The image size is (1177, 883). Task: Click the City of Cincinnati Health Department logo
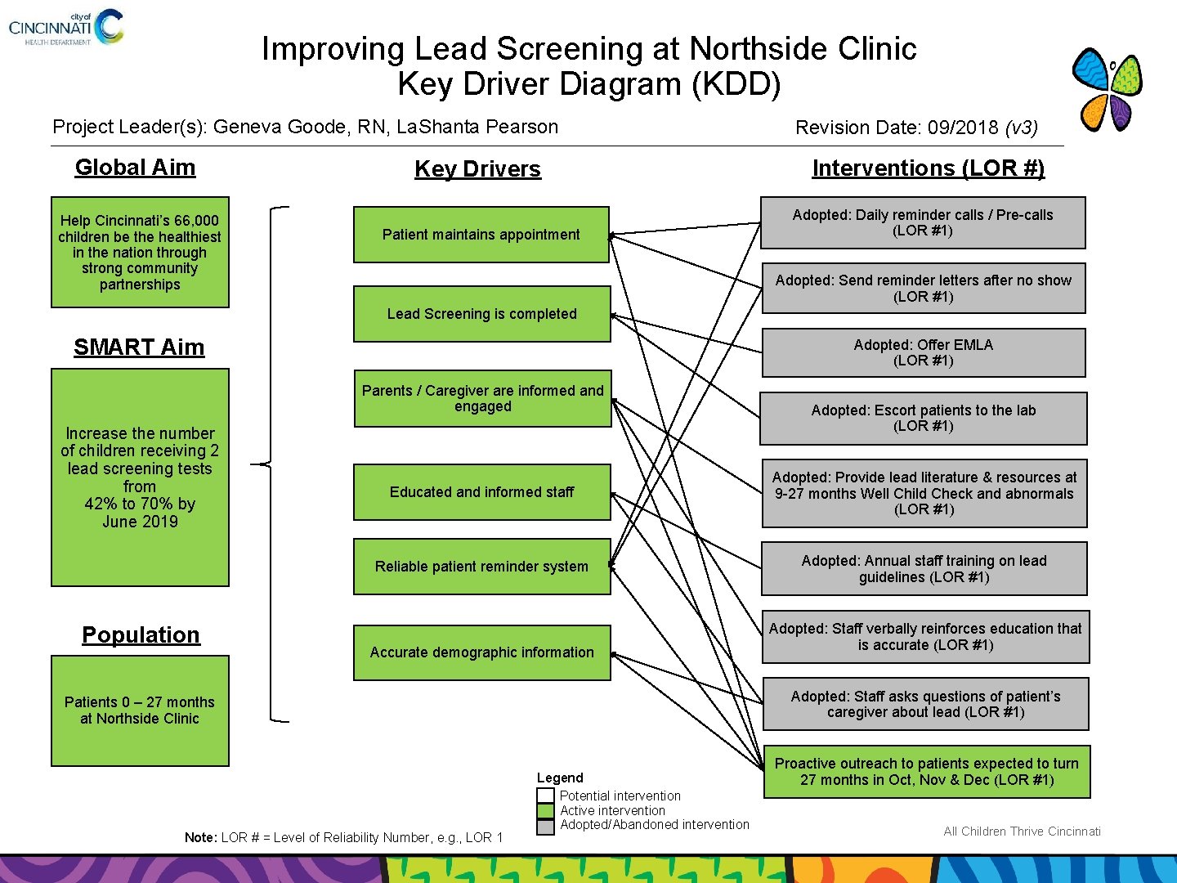(65, 27)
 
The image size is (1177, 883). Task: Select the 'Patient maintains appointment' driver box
(481, 235)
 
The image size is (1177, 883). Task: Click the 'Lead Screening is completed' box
(481, 314)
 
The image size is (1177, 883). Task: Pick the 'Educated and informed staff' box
(481, 492)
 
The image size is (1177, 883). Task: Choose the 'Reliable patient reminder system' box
(481, 567)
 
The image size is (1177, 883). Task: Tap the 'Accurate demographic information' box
(481, 652)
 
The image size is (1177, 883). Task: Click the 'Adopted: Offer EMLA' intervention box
(923, 352)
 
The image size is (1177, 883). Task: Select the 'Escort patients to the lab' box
(923, 418)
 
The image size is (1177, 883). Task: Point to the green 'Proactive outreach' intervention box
(926, 771)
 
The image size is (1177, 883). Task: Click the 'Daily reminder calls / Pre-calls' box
(922, 222)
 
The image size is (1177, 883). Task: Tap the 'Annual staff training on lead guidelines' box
(924, 568)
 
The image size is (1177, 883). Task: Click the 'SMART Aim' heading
(139, 347)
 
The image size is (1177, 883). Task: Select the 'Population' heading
(141, 635)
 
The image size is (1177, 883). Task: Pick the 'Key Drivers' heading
(477, 169)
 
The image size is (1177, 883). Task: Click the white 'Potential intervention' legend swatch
(545, 796)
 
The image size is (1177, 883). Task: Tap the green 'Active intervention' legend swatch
(545, 811)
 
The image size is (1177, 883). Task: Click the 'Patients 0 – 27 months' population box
(140, 710)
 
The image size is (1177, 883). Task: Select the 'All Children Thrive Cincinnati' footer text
(1022, 831)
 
